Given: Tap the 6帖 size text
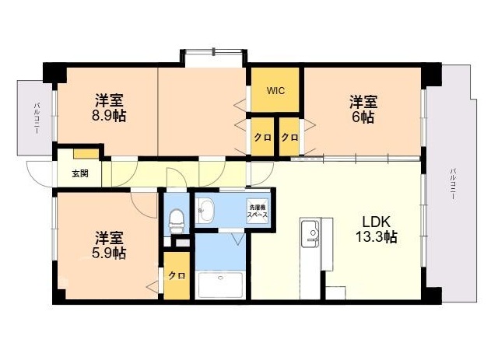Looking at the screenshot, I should click(363, 117).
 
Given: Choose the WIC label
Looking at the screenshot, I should click(275, 91).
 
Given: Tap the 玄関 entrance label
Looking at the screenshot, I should click(80, 173).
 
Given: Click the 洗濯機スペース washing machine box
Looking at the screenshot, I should click(258, 211).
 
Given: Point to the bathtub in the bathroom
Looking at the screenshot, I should click(220, 285).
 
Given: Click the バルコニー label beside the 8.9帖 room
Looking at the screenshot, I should click(36, 118).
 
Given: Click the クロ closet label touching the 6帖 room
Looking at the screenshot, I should click(289, 138).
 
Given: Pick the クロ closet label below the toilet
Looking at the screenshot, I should click(177, 275).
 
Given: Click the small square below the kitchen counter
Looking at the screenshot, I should click(335, 294).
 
